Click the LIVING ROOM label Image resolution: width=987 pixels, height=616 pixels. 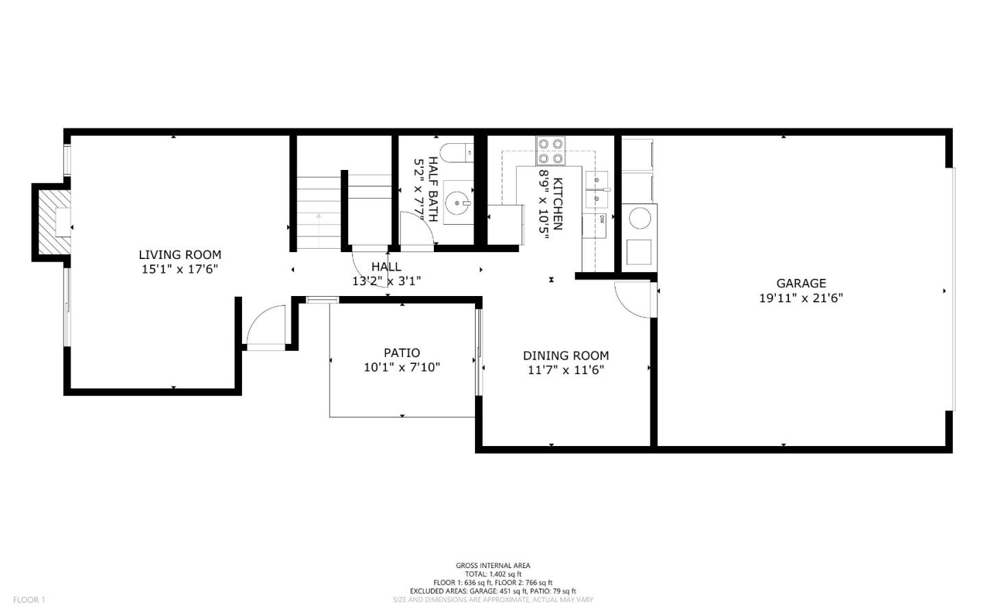pos(180,255)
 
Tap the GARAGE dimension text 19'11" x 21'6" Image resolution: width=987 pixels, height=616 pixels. pos(801,298)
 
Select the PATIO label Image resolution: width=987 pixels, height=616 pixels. pos(402,353)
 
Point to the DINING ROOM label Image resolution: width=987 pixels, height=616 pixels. pos(565,356)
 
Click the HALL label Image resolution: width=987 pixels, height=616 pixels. pos(386,266)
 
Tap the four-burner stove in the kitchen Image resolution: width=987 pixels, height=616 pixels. pos(551,151)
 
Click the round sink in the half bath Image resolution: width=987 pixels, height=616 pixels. pos(457,203)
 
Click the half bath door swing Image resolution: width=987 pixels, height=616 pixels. pos(416,228)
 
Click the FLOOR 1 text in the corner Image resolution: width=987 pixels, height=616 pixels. pos(29,600)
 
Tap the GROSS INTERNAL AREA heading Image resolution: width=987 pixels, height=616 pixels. pos(493,565)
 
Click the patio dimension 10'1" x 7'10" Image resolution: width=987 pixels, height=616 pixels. pos(402,367)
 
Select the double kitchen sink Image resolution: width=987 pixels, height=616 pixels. pos(597,190)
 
